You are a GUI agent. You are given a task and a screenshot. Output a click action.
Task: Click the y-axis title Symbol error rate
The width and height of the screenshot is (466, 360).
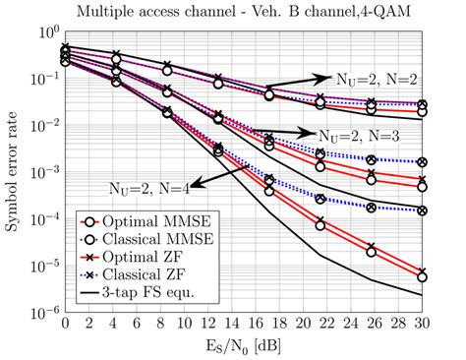[x=13, y=173]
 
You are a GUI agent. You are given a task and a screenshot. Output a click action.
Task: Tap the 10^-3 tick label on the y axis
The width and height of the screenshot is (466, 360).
[x=44, y=172]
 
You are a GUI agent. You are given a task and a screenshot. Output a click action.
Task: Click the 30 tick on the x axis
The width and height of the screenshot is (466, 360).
[x=421, y=325]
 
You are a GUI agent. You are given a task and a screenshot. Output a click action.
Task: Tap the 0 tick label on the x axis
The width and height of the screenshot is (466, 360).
[x=65, y=325]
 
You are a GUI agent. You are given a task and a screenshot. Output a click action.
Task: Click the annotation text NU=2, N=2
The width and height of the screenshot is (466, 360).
[x=376, y=75]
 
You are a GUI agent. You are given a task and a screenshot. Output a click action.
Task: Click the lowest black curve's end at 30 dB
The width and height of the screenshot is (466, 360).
[x=422, y=294]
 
